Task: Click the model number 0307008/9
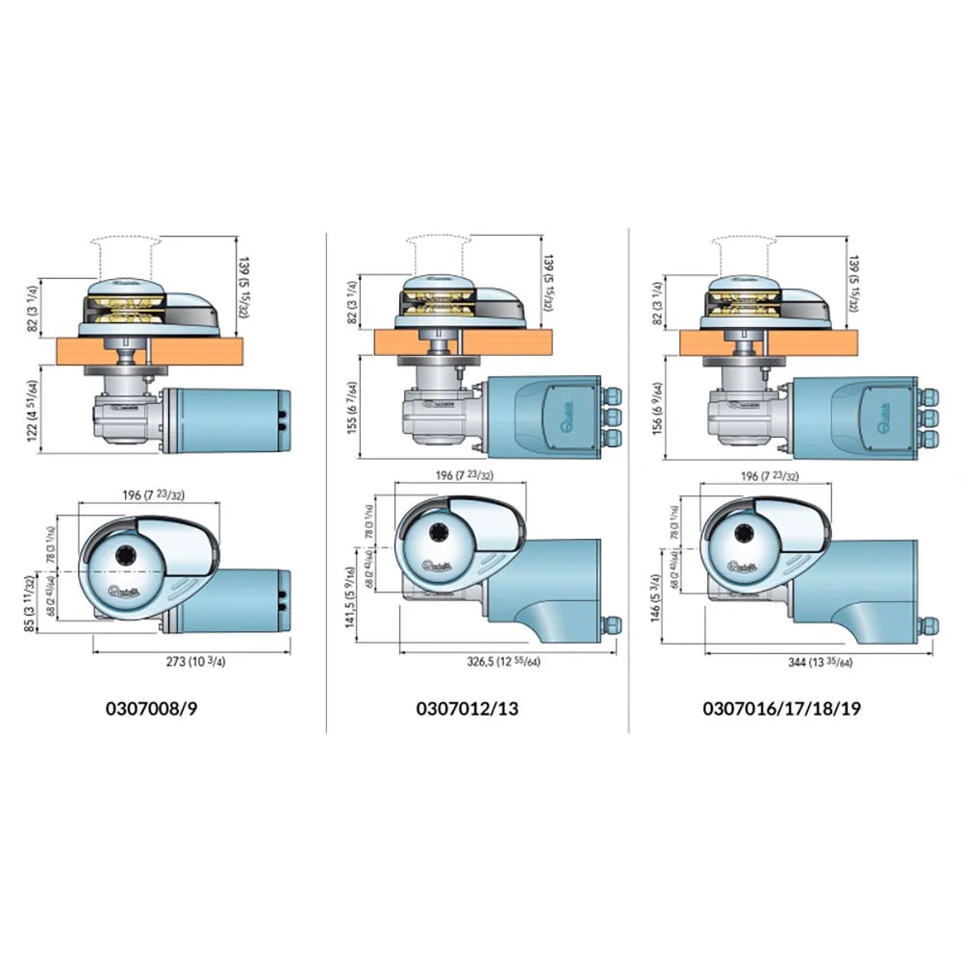(157, 709)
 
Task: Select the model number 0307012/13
(467, 709)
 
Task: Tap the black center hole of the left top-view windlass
(126, 554)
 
